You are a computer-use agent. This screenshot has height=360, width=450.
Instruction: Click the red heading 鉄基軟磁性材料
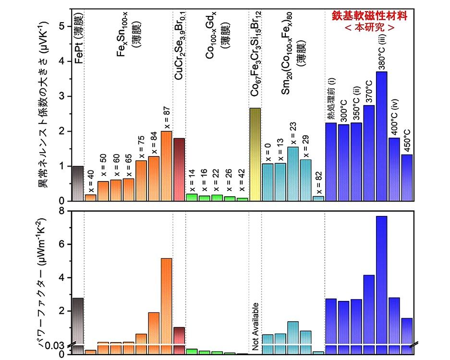(370, 16)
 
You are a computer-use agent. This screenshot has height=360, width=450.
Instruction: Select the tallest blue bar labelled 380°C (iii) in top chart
(382, 136)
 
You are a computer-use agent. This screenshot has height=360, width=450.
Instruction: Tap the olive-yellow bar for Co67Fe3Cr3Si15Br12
(255, 154)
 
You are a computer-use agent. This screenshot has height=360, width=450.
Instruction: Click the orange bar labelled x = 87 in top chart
(166, 166)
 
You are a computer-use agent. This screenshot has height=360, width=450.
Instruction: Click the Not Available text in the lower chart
(255, 326)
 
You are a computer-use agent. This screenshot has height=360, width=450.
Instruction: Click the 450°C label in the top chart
(407, 138)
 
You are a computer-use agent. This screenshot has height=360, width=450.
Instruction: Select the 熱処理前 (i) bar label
(331, 101)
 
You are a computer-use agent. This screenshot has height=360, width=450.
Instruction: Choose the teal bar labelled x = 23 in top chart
(293, 174)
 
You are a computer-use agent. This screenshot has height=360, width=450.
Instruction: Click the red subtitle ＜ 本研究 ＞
(370, 28)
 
